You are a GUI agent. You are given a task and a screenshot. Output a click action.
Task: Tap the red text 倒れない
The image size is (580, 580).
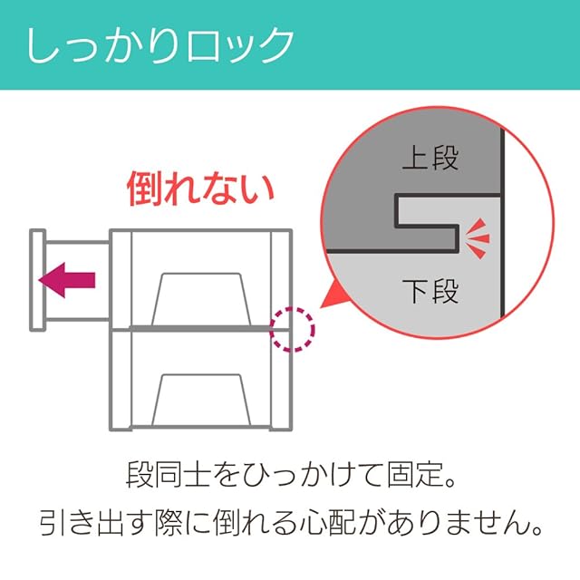pyautogui.click(x=199, y=188)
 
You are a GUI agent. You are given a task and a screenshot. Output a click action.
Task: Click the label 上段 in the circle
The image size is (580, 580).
pyautogui.click(x=430, y=159)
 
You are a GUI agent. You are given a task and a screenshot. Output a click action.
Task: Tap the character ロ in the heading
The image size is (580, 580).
pyautogui.click(x=198, y=45)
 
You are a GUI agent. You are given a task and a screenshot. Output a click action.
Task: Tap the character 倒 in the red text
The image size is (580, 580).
pyautogui.click(x=144, y=188)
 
